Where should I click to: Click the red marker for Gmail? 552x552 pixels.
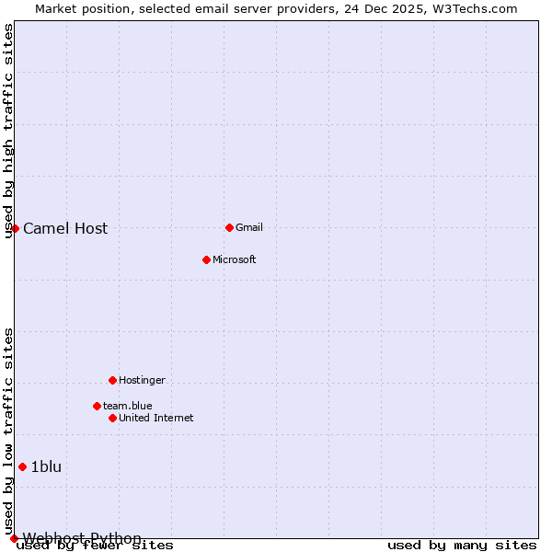pyautogui.click(x=229, y=227)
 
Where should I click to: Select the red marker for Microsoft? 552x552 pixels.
pyautogui.click(x=206, y=259)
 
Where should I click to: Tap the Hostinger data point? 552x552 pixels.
pyautogui.click(x=112, y=380)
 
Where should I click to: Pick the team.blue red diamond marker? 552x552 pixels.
pyautogui.click(x=97, y=406)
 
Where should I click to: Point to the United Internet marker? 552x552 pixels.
pyautogui.click(x=112, y=418)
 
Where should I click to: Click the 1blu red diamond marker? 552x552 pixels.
pyautogui.click(x=22, y=466)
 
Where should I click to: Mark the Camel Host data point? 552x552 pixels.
pyautogui.click(x=15, y=228)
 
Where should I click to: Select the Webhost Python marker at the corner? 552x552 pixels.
pyautogui.click(x=14, y=538)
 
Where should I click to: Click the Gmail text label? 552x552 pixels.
pyautogui.click(x=249, y=228)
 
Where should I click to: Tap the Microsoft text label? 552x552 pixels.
pyautogui.click(x=234, y=260)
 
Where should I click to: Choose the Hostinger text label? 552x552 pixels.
pyautogui.click(x=142, y=381)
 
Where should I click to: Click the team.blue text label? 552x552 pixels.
pyautogui.click(x=127, y=406)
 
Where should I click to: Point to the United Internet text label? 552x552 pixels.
pyautogui.click(x=155, y=419)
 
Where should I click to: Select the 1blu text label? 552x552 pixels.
pyautogui.click(x=46, y=467)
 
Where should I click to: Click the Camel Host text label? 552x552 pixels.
pyautogui.click(x=65, y=229)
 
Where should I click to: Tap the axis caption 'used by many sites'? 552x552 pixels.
pyautogui.click(x=462, y=546)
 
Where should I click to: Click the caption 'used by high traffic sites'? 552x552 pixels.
pyautogui.click(x=8, y=131)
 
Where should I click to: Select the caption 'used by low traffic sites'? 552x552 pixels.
pyautogui.click(x=8, y=431)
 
